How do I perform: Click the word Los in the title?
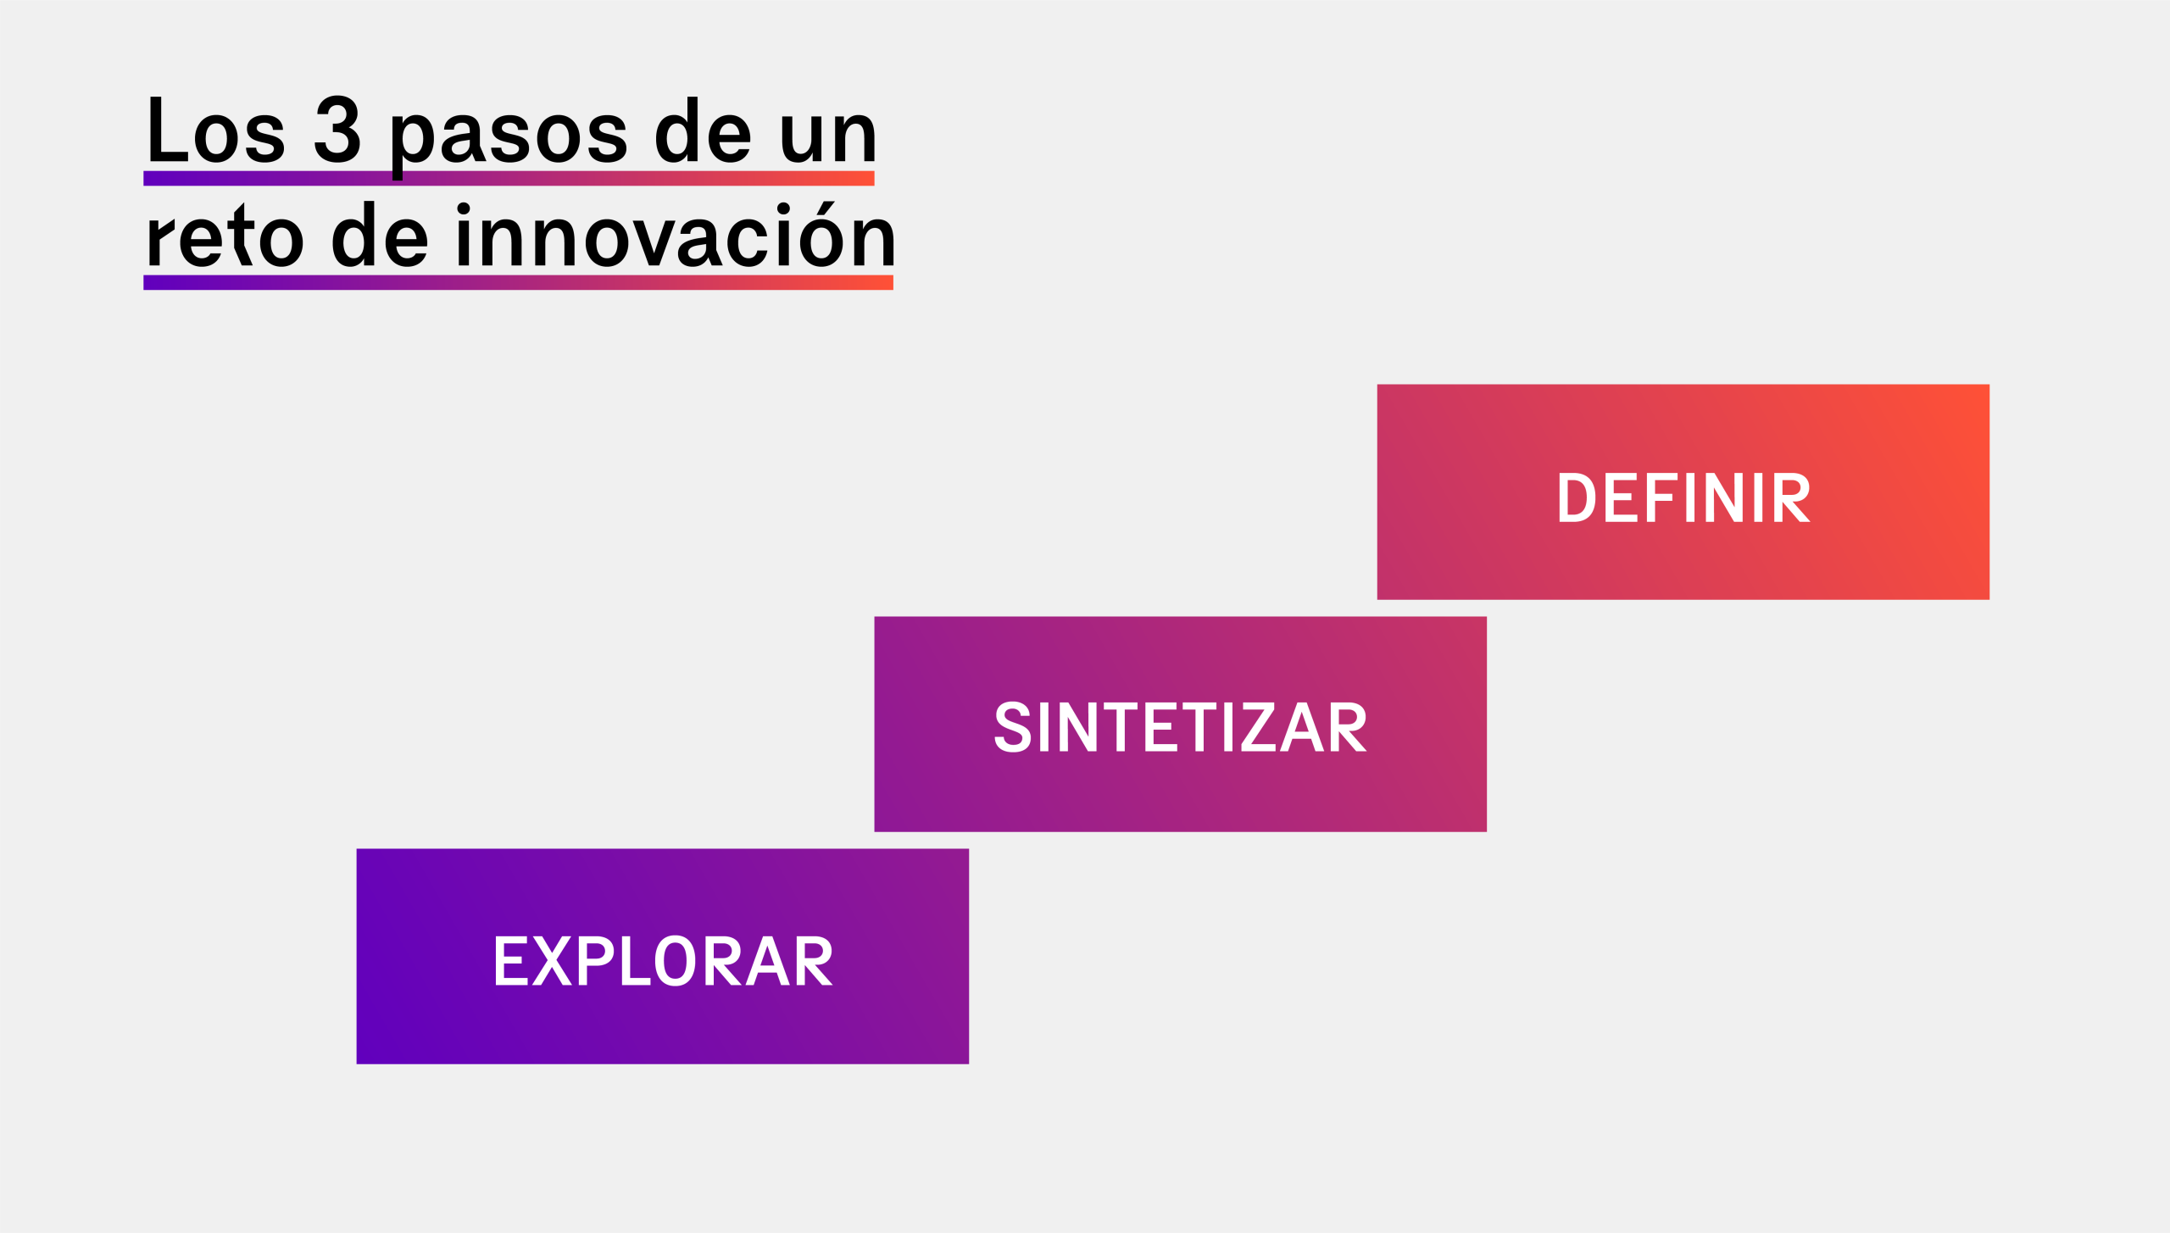(216, 129)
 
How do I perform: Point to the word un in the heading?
(827, 136)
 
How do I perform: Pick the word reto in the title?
(225, 235)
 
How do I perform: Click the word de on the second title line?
(380, 234)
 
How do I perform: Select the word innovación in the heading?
(676, 234)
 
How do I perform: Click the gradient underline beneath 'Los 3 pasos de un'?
(509, 178)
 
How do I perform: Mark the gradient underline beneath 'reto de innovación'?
(518, 282)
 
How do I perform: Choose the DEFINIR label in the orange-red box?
(1683, 497)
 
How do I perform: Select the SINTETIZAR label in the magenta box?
(1180, 726)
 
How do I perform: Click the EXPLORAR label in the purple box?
(663, 960)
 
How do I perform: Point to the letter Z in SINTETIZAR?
(1259, 726)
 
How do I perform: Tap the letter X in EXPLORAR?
(552, 961)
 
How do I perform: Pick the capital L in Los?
(168, 129)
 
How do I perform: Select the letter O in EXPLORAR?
(676, 961)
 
